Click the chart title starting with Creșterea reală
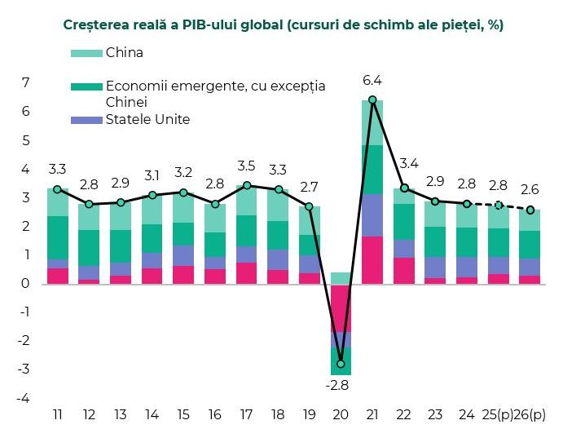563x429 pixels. point(283,25)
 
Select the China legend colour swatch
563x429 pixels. point(87,53)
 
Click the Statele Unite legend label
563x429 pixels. point(147,120)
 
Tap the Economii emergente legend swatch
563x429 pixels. point(87,86)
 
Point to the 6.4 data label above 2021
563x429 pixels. point(372,80)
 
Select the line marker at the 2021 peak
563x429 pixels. point(372,100)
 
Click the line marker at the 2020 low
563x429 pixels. point(341,364)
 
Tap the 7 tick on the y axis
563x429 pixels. point(26,83)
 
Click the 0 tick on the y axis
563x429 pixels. point(26,284)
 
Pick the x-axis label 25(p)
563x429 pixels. point(499,414)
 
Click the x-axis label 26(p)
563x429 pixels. point(531,414)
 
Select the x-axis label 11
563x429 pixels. point(58,414)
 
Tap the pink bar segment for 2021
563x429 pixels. point(372,260)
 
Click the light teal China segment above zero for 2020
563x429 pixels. point(341,278)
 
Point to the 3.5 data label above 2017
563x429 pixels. point(246,166)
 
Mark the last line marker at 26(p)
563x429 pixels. point(530,210)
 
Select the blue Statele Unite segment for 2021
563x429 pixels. point(372,215)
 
